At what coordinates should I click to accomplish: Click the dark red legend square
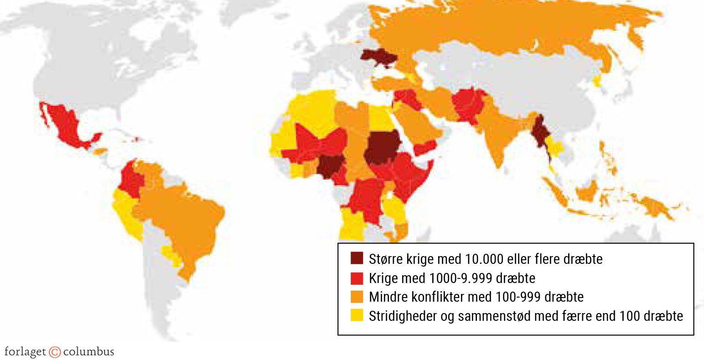[357, 258]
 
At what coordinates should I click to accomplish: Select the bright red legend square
[357, 278]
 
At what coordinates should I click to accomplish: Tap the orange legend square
[357, 297]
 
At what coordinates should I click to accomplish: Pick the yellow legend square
[357, 315]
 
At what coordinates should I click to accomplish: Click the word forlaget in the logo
[25, 352]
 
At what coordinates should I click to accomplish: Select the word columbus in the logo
[88, 352]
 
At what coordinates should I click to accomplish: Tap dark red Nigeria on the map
[329, 166]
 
